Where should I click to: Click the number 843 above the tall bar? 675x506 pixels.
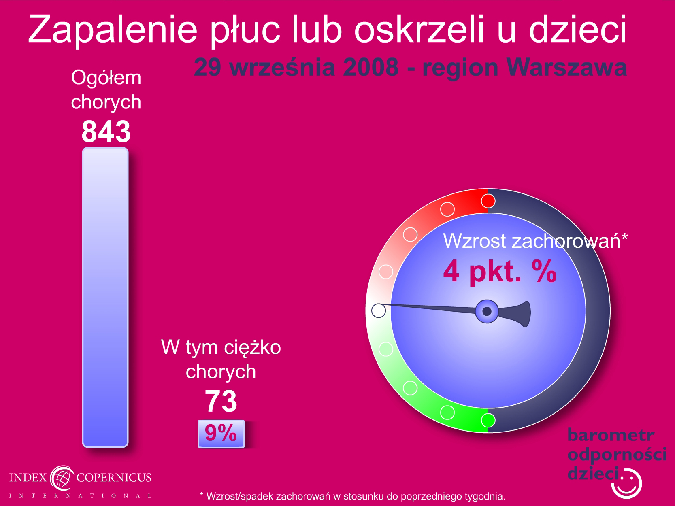pos(106,131)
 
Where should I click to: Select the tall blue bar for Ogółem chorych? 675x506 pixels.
pos(105,297)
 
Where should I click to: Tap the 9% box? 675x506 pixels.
pos(221,434)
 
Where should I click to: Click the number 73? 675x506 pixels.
pos(221,401)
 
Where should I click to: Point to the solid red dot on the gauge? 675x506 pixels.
pos(488,201)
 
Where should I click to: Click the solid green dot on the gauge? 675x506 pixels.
pos(488,420)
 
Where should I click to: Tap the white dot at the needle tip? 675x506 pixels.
pos(379,310)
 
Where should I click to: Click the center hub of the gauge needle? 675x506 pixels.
pos(487,311)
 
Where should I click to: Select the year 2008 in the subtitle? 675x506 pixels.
pos(371,67)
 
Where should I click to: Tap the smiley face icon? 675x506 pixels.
pos(627,483)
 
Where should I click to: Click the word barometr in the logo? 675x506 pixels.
pos(611,435)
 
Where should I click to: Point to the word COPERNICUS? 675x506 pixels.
pos(114,477)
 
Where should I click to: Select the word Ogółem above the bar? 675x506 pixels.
pos(106,78)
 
